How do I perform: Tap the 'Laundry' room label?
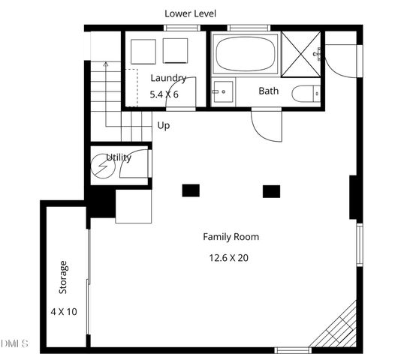[168, 78]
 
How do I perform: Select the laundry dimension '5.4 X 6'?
[164, 94]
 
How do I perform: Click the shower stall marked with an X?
[303, 55]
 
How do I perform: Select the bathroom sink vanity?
[222, 93]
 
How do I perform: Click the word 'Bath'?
[269, 91]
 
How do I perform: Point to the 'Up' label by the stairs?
[163, 125]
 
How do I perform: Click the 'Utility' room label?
[119, 157]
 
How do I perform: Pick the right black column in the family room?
[271, 190]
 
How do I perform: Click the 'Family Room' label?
[231, 237]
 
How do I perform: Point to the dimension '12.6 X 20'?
[228, 257]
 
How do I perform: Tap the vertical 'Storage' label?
[64, 277]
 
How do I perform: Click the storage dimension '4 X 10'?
[64, 311]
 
